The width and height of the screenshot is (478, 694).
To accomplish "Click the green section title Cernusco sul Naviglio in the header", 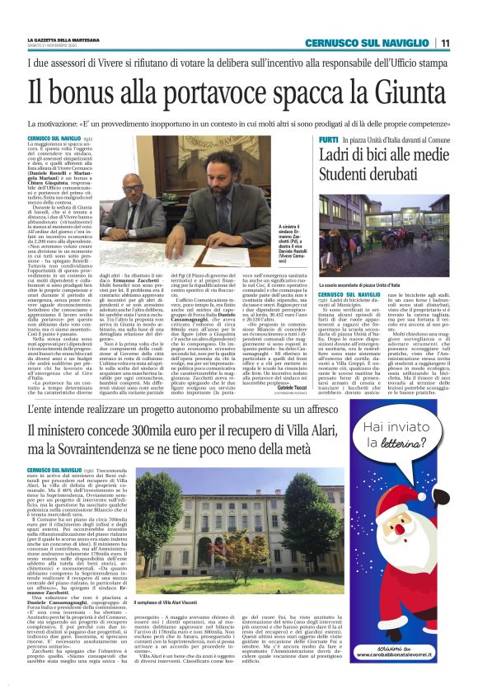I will (x=365, y=43).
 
